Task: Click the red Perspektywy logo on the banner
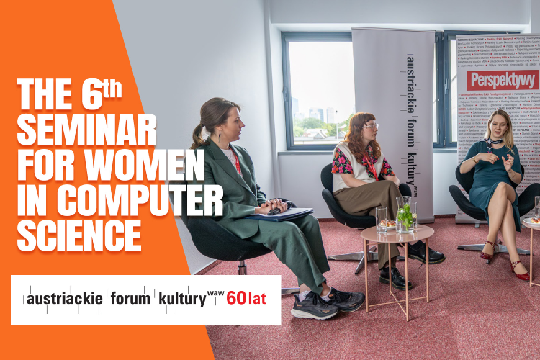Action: pos(502,79)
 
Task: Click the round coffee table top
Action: pos(397,234)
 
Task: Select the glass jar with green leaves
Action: pos(406,214)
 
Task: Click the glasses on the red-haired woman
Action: pos(372,127)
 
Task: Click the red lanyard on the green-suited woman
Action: pos(236,163)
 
